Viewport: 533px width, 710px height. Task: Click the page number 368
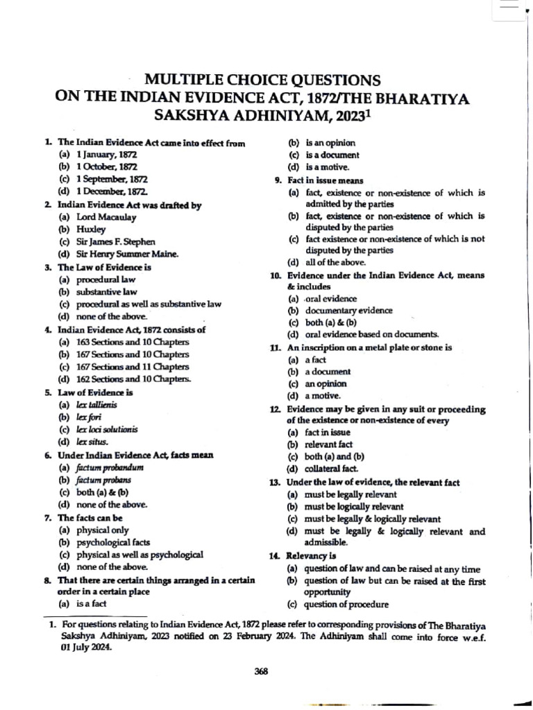coord(262,670)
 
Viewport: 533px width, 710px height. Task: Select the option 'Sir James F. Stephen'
coord(111,241)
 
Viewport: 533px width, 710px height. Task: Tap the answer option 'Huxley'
coord(91,229)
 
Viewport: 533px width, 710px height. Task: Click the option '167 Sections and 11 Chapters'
coord(122,367)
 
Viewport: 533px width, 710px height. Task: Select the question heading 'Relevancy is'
coord(311,555)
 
